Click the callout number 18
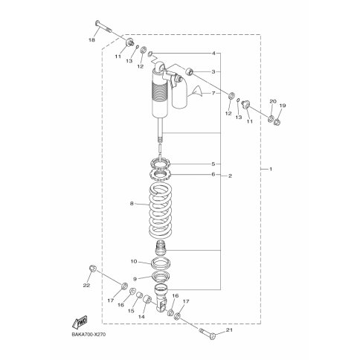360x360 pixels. pyautogui.click(x=91, y=39)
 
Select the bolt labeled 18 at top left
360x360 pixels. pyautogui.click(x=103, y=27)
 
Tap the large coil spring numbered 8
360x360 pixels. pyautogui.click(x=161, y=210)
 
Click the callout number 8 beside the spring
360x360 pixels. pyautogui.click(x=132, y=204)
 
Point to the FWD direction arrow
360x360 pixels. pyautogui.click(x=80, y=322)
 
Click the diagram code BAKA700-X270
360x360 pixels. pyautogui.click(x=89, y=335)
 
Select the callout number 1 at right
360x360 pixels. pyautogui.click(x=271, y=169)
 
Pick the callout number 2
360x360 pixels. pyautogui.click(x=230, y=176)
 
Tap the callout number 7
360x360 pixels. pyautogui.click(x=213, y=93)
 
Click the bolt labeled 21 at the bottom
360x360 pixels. pyautogui.click(x=207, y=332)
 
